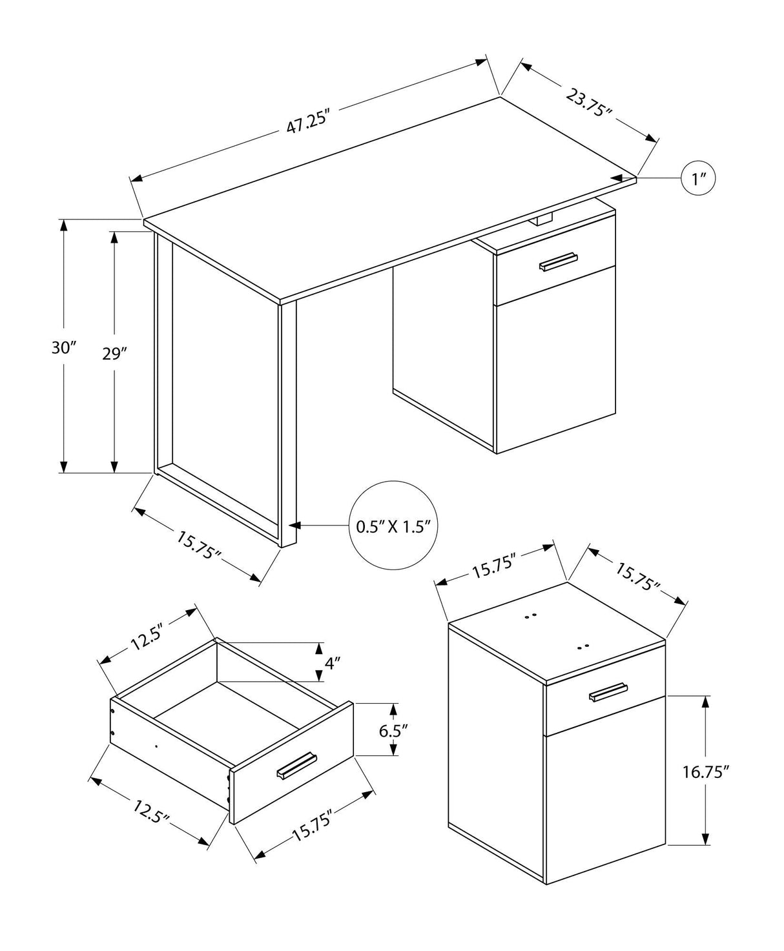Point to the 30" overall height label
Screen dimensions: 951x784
click(64, 348)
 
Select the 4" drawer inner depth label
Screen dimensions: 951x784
click(332, 662)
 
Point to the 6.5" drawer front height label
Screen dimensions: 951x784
click(394, 731)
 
